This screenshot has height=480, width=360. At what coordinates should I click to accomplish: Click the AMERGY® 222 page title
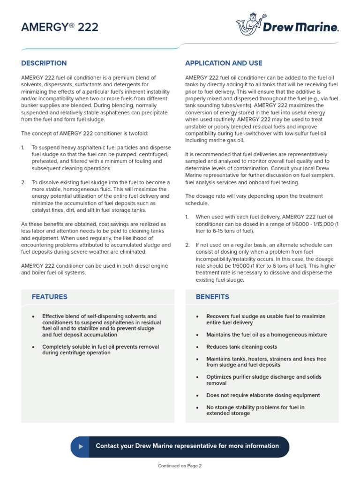coord(60,27)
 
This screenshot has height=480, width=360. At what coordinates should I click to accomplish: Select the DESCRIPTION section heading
coord(44,63)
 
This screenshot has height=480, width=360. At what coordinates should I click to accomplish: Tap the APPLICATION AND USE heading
coord(224,63)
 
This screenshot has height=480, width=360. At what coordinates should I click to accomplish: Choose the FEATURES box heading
coord(49,297)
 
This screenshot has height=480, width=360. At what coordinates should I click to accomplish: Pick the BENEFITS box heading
coord(212,297)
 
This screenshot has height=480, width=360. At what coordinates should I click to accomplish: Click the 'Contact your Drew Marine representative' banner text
coord(187,446)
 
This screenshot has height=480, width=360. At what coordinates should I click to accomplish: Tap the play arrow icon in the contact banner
coord(81,446)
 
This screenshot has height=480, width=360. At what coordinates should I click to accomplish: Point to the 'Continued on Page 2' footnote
coord(180,466)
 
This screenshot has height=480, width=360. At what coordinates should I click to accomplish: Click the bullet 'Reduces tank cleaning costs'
coord(241,347)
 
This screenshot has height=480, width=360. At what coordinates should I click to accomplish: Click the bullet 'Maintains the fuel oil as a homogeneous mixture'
coord(266,335)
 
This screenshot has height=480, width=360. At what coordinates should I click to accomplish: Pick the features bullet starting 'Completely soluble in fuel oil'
coord(100,350)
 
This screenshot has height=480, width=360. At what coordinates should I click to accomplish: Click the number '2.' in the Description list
coord(23,182)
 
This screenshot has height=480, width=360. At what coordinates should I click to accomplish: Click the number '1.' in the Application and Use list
coord(187,217)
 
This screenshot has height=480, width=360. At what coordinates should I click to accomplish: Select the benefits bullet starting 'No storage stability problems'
coord(255,410)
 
